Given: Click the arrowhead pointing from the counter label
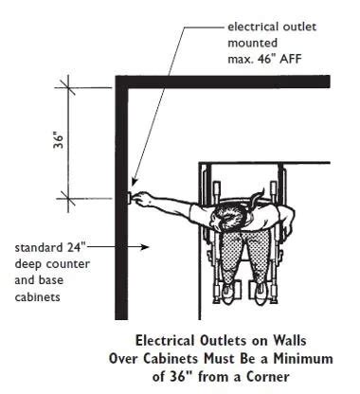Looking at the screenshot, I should [x=143, y=248].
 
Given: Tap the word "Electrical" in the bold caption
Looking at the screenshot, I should [x=168, y=337].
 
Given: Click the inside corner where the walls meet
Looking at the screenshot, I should [x=129, y=89].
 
